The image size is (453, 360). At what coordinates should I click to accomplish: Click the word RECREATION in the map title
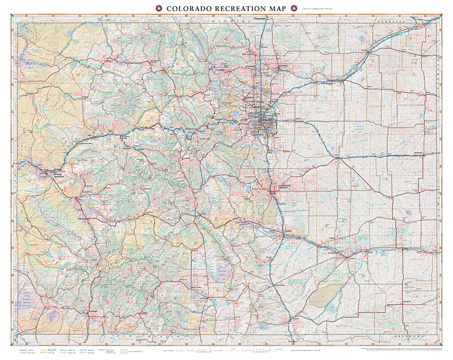pos(227,9)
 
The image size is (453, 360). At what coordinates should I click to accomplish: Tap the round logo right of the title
pos(293,9)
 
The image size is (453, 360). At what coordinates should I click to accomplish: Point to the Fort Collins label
pos(249,54)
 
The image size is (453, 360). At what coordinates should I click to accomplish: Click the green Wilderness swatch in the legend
pos(23,348)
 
